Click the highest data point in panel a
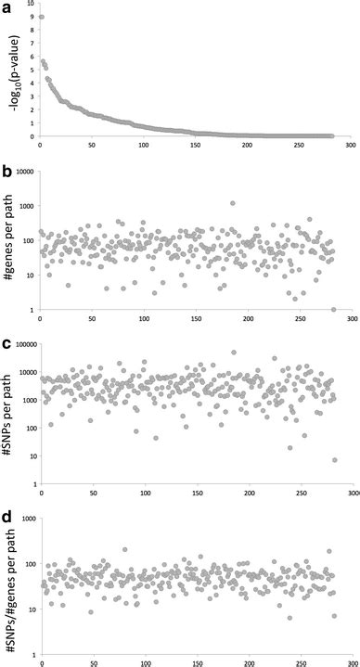point(42,18)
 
